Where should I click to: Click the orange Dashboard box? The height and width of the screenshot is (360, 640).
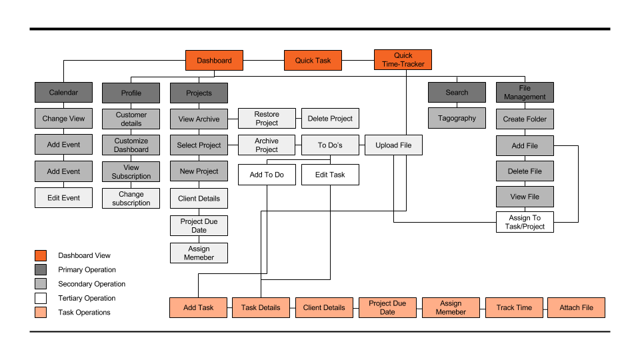(x=214, y=61)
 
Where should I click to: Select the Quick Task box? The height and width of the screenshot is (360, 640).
(x=313, y=61)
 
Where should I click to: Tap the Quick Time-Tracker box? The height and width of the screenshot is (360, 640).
(x=403, y=59)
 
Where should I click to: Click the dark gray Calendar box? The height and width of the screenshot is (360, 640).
(x=64, y=92)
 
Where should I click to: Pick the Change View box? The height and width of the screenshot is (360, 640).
(x=64, y=119)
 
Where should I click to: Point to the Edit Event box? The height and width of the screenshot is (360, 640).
(x=64, y=197)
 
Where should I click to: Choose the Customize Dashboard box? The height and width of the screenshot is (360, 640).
(x=131, y=145)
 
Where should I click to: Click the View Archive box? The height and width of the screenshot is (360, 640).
(x=199, y=119)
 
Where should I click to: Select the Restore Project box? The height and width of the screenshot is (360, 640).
(x=267, y=119)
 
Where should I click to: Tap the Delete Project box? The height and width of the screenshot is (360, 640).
(x=330, y=119)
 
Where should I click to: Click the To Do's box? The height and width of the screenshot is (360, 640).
(x=330, y=145)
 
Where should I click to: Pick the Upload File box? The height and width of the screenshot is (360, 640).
(x=393, y=145)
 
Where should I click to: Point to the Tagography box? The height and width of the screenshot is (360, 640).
(x=457, y=118)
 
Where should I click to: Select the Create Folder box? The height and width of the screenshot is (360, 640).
(x=525, y=119)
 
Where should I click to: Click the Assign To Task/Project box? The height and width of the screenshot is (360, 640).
(x=525, y=222)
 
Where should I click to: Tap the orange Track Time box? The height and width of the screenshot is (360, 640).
(x=514, y=307)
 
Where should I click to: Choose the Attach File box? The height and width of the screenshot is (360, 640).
(x=576, y=307)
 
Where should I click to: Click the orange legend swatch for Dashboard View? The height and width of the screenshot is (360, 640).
(x=41, y=255)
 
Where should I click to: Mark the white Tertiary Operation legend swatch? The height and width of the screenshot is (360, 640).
(x=41, y=298)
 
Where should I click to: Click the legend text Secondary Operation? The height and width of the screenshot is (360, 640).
(x=92, y=284)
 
